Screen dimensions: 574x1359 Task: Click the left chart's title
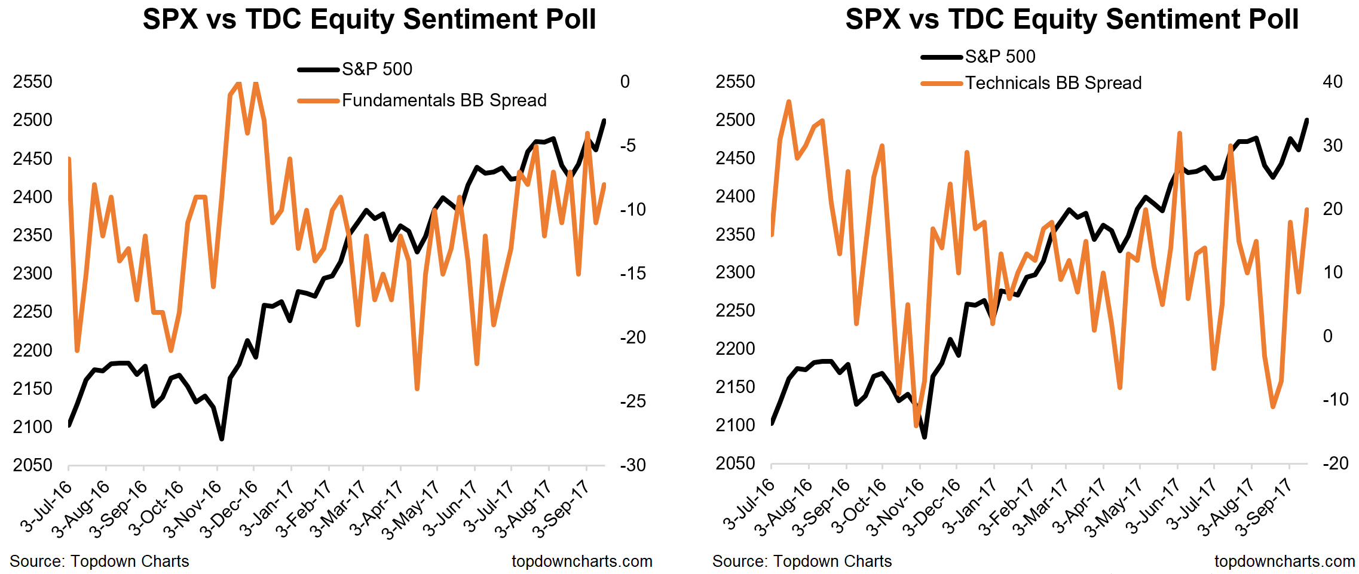(369, 19)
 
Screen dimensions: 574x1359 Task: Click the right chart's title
(1072, 19)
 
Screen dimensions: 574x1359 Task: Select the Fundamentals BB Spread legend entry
(443, 100)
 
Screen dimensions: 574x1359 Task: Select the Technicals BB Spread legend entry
(1053, 83)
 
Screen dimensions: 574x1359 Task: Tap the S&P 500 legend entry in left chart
(377, 69)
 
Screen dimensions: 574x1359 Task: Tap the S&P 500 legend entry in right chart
(1000, 57)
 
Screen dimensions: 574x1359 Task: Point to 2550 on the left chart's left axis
(33, 82)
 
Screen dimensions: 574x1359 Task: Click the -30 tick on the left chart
(632, 465)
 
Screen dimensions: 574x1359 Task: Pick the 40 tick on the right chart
(1333, 82)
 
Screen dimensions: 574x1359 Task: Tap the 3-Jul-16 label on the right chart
(748, 505)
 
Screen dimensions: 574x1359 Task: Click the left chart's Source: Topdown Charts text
(99, 561)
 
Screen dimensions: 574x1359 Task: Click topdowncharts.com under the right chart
(1284, 561)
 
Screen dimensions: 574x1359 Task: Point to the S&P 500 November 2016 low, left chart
(222, 439)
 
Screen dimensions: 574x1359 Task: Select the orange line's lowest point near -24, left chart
(417, 389)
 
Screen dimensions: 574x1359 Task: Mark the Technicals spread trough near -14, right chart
(916, 426)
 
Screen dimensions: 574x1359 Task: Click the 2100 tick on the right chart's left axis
(735, 425)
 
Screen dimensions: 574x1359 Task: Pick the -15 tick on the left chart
(632, 274)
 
